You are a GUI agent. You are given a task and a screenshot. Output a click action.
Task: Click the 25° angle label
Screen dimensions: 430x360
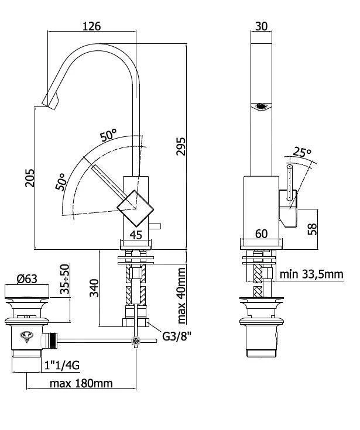click(x=303, y=152)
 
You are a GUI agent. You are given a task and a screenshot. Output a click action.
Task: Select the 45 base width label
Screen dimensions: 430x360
click(x=136, y=235)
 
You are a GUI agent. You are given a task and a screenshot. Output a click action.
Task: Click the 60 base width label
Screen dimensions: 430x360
click(x=261, y=234)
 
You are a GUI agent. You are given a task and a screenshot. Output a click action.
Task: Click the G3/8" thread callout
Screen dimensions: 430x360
click(x=174, y=336)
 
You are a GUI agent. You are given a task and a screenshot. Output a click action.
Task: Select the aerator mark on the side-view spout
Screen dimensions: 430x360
click(x=261, y=106)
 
